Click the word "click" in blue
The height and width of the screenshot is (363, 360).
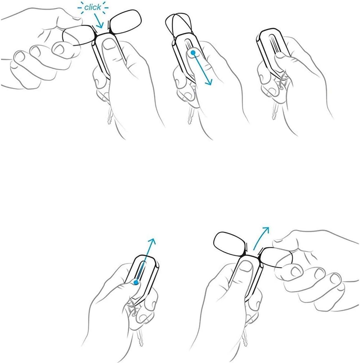pyautogui.click(x=92, y=7)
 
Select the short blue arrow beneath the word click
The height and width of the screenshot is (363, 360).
pyautogui.click(x=98, y=20)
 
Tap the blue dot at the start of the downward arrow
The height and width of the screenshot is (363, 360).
pyautogui.click(x=193, y=53)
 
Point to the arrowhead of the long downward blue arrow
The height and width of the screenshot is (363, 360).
pyautogui.click(x=209, y=82)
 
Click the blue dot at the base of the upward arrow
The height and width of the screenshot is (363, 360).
pyautogui.click(x=136, y=282)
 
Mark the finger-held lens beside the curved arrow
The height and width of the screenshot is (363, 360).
pyautogui.click(x=277, y=257)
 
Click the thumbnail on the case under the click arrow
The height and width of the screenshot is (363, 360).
pyautogui.click(x=108, y=44)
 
